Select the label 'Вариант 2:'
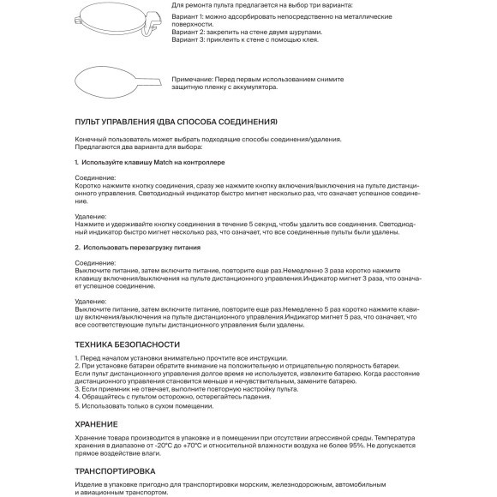[x=191, y=34]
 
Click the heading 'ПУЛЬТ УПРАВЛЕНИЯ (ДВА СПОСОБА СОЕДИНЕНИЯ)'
[x=177, y=123]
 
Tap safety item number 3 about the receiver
[x=162, y=389]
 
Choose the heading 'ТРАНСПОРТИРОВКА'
[x=115, y=471]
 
